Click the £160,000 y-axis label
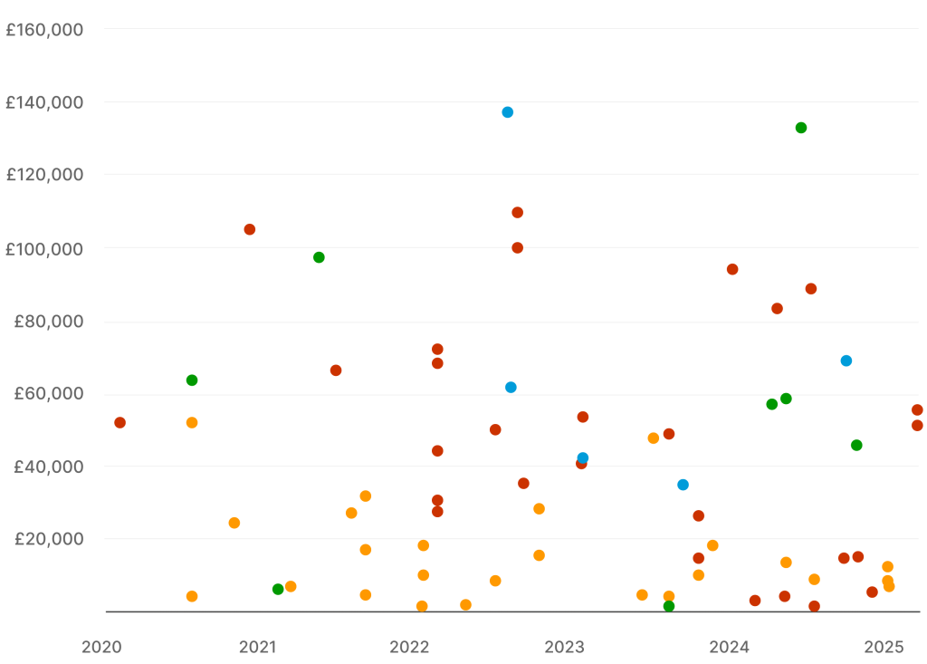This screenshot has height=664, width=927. pos(44,30)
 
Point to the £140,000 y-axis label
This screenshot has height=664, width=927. pos(44,102)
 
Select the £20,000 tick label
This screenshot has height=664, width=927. pos(49,539)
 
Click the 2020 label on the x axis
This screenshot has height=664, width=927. pos(101,647)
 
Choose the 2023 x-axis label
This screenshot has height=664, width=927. pos(565,647)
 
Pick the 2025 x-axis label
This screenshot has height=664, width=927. pos(884,647)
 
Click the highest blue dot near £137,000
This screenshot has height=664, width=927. pos(508,112)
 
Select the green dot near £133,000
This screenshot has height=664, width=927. pos(801,128)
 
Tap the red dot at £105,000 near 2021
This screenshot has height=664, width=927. pos(250,229)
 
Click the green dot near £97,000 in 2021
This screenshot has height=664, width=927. pos(319,257)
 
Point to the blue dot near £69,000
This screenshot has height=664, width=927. pos(846,361)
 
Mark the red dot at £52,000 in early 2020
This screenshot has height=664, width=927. pos(119,422)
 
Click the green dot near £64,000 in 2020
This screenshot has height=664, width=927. pos(192,380)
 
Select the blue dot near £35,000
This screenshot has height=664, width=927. pos(683,485)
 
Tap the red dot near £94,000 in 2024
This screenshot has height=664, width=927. pos(732,269)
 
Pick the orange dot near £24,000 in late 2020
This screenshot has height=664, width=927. pos(234,523)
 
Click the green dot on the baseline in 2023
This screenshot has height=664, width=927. pos(668,606)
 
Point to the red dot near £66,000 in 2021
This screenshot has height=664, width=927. pos(336,370)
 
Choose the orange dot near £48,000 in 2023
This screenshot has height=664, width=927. pos(654,438)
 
